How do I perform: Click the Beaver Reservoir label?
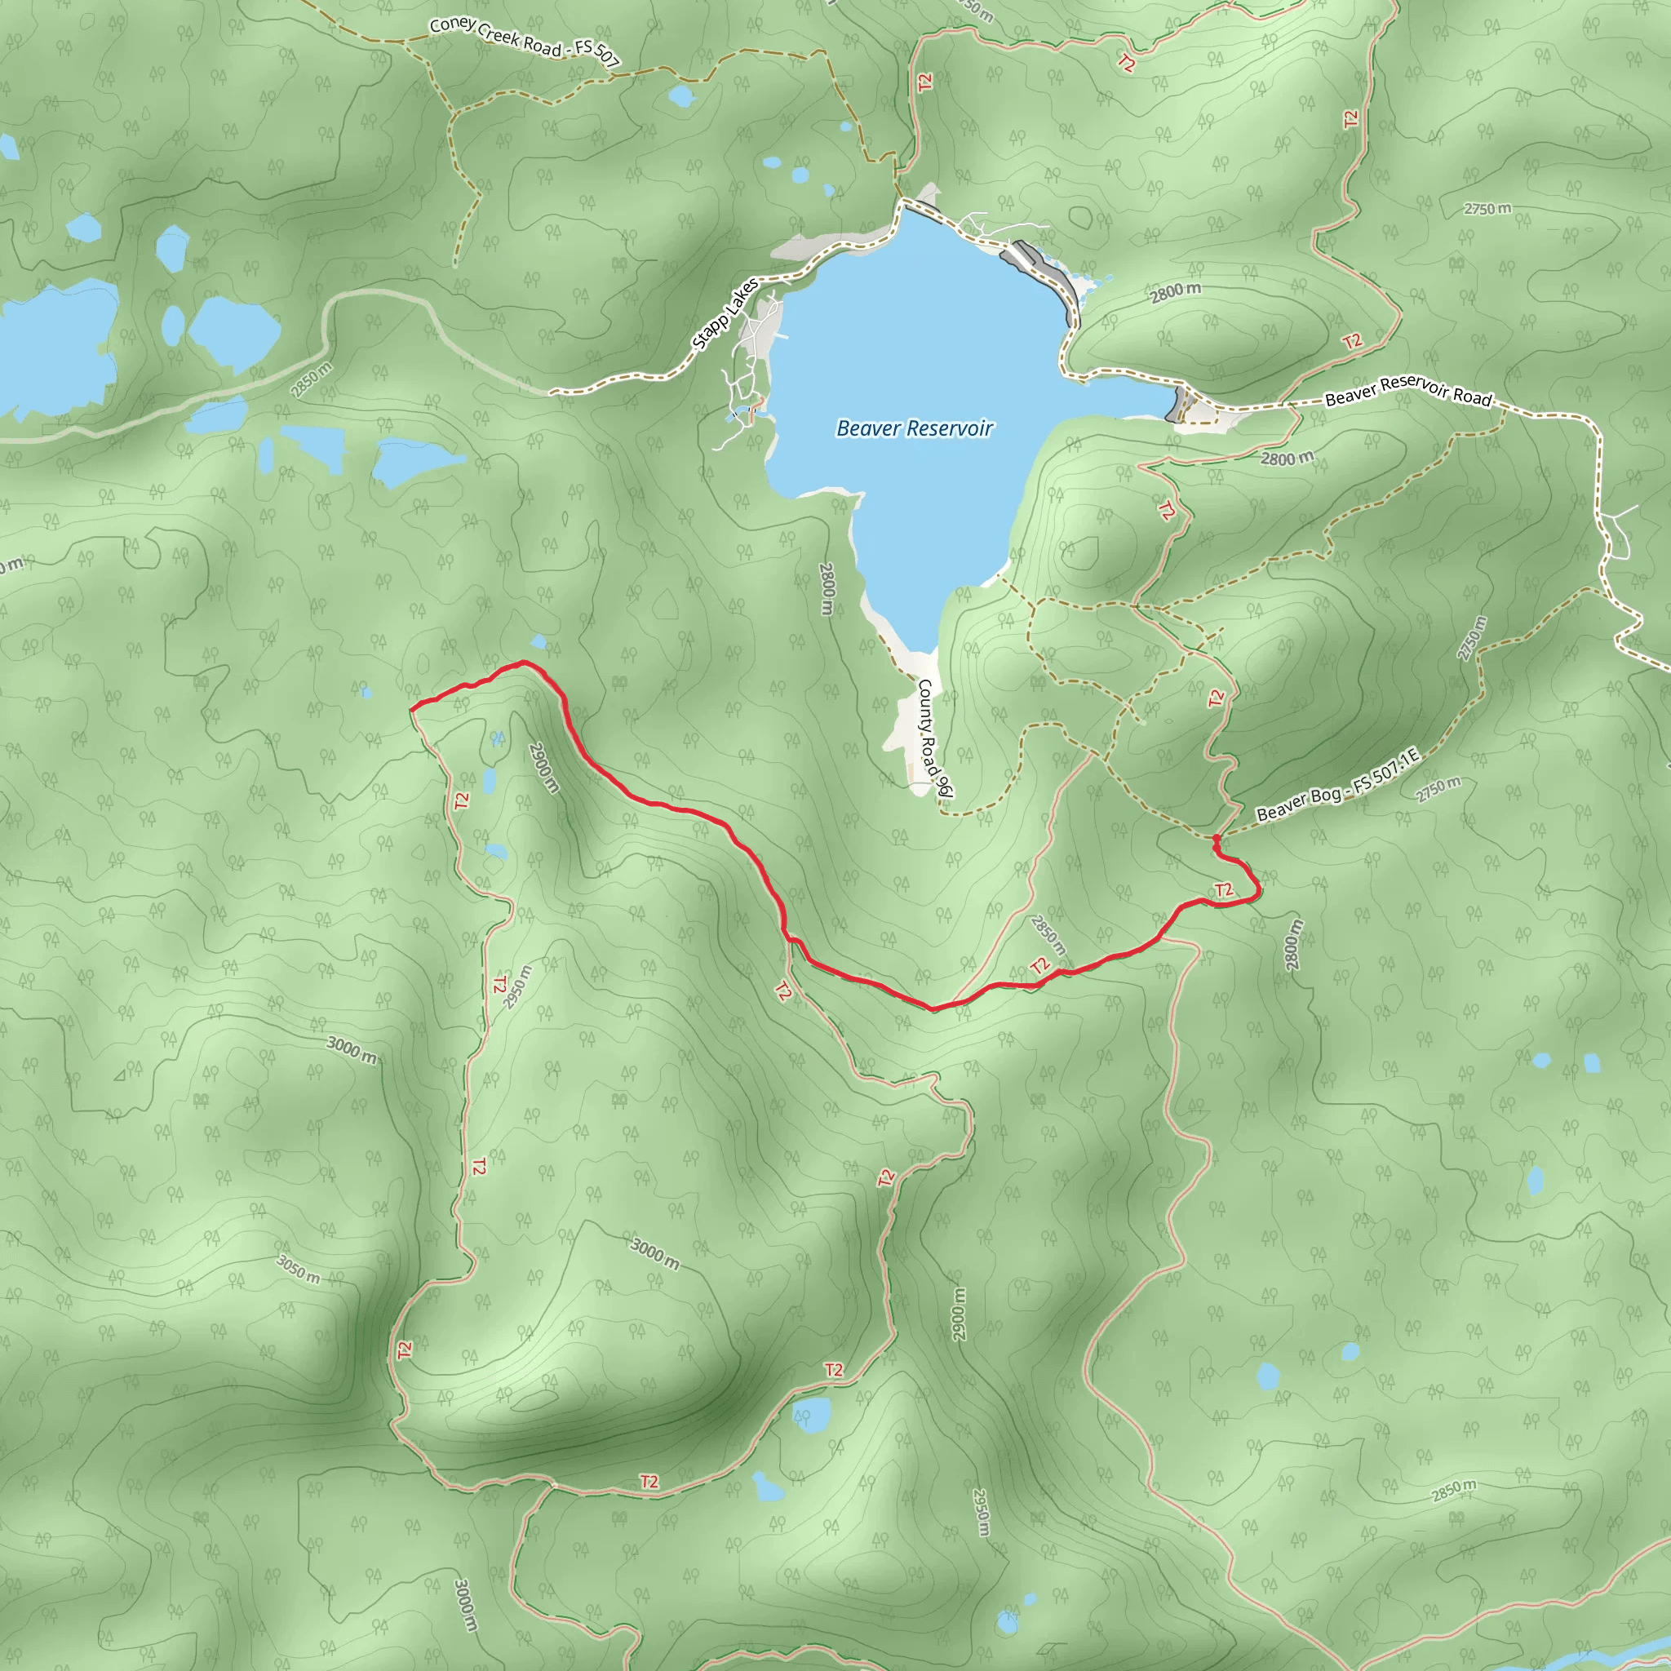(x=914, y=428)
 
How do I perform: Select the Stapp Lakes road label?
(x=725, y=315)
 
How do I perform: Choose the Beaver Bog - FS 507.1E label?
(x=1337, y=786)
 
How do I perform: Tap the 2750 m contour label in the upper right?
(x=1487, y=208)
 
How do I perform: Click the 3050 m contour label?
(x=299, y=1269)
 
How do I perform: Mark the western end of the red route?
(x=411, y=709)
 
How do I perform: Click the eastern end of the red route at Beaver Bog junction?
(x=1216, y=838)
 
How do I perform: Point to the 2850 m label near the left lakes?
(x=312, y=380)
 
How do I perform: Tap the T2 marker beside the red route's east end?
(x=1223, y=890)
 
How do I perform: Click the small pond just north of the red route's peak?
(x=538, y=642)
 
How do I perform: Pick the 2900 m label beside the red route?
(x=544, y=767)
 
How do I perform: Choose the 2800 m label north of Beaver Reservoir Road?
(x=1176, y=292)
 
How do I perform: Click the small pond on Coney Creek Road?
(x=681, y=96)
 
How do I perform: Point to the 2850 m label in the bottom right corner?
(x=1453, y=1489)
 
